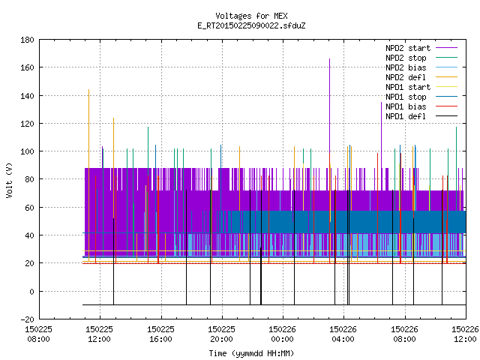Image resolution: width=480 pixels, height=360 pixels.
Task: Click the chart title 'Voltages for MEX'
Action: [x=251, y=16]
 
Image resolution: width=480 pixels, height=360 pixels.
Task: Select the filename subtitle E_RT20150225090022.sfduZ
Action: [x=251, y=25]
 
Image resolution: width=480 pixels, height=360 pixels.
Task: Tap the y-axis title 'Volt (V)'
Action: [x=9, y=180]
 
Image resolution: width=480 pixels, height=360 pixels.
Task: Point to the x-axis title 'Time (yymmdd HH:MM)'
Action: [x=251, y=353]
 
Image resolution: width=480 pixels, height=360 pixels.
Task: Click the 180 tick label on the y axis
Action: [x=27, y=40]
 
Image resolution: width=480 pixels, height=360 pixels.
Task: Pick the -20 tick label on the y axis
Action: [x=27, y=319]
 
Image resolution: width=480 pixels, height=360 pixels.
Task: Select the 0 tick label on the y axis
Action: [x=31, y=292]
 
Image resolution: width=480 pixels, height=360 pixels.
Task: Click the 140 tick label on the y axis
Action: [x=27, y=96]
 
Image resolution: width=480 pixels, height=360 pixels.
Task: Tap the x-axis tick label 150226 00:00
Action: [x=282, y=334]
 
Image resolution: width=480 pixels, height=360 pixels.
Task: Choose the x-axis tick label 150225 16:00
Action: [x=160, y=334]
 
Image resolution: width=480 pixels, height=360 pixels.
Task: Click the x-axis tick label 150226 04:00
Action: [x=343, y=334]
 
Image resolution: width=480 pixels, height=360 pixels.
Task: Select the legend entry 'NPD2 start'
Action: [x=408, y=48]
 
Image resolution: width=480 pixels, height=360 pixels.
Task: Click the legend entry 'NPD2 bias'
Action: [x=406, y=67]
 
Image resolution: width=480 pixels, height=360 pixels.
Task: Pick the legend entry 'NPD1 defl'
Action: [x=406, y=116]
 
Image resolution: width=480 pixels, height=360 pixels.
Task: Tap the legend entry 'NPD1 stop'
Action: [x=406, y=97]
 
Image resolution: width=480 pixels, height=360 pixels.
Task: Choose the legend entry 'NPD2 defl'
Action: [x=406, y=77]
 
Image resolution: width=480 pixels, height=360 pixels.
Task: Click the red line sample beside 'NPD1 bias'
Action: [x=446, y=106]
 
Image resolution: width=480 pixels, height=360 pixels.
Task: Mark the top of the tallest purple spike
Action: [x=329, y=58]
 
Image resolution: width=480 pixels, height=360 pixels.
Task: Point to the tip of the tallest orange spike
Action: [x=88, y=90]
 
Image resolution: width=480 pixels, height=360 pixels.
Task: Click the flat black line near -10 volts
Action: [x=274, y=304]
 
